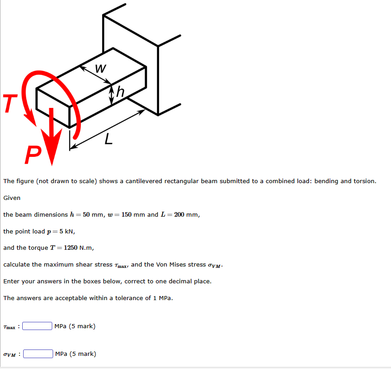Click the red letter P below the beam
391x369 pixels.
(33, 155)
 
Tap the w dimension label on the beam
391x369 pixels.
(101, 68)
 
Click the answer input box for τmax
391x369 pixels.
(37, 326)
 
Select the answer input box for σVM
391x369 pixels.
(38, 354)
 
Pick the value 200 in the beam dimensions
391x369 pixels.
(179, 214)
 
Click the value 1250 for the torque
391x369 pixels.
(70, 248)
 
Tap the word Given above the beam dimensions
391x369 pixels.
(12, 198)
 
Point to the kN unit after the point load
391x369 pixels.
(69, 231)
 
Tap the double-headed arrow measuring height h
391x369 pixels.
(111, 96)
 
